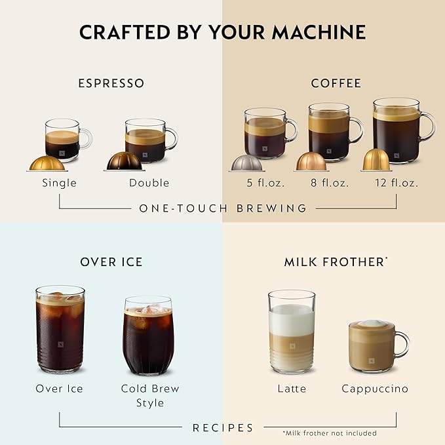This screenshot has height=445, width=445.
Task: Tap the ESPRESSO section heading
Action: pos(111,83)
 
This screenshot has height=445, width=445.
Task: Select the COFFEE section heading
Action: pos(336,83)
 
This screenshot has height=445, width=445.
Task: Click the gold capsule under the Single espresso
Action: pos(47,163)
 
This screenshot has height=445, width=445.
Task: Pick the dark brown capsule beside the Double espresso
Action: pos(124,161)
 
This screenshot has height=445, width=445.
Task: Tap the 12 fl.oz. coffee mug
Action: pos(397,131)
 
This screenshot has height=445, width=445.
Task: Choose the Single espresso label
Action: pos(59,183)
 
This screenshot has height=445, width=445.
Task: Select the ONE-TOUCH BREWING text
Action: pos(223,208)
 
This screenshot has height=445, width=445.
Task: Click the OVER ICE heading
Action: pos(111,262)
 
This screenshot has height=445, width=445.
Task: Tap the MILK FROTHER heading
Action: pos(334,262)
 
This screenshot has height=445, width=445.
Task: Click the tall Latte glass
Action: pos(292,332)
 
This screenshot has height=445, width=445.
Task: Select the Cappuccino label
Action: pos(375,389)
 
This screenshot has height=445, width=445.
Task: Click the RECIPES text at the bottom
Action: pos(223,428)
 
